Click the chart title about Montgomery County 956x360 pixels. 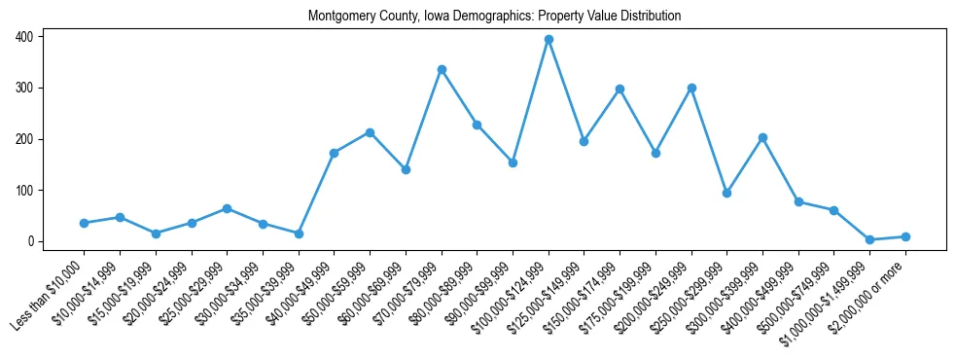click(x=494, y=17)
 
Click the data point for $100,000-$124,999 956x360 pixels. click(x=549, y=40)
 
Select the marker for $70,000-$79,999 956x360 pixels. click(x=442, y=69)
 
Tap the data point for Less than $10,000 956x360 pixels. click(x=84, y=223)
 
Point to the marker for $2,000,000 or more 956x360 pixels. click(x=905, y=236)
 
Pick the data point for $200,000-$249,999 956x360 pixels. click(x=691, y=88)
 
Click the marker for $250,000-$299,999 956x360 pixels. click(x=727, y=193)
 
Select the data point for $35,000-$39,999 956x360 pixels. click(x=299, y=234)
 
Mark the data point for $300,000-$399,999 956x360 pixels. click(x=762, y=137)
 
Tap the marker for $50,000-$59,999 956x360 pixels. click(x=370, y=132)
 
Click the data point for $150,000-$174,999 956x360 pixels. click(x=620, y=89)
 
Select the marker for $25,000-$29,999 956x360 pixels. click(x=227, y=208)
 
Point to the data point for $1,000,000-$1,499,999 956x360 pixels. click(x=869, y=239)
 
